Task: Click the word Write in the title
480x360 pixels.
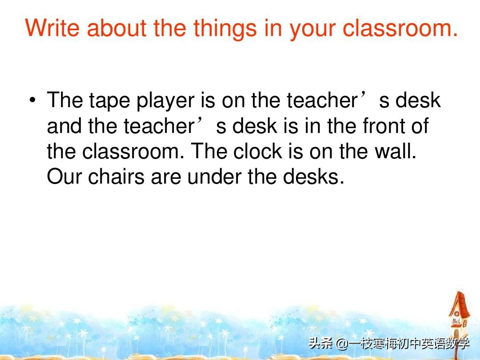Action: tap(52, 28)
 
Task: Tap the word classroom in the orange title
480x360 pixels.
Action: tap(400, 28)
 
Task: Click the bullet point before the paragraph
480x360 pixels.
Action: tap(32, 100)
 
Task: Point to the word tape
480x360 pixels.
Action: tap(109, 101)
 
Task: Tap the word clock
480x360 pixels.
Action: tap(257, 151)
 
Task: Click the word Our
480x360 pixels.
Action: tap(64, 177)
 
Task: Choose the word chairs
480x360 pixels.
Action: tap(116, 176)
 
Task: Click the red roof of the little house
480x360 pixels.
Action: tap(459, 304)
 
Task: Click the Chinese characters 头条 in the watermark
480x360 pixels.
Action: tap(321, 344)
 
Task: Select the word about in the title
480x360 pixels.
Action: tap(116, 28)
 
